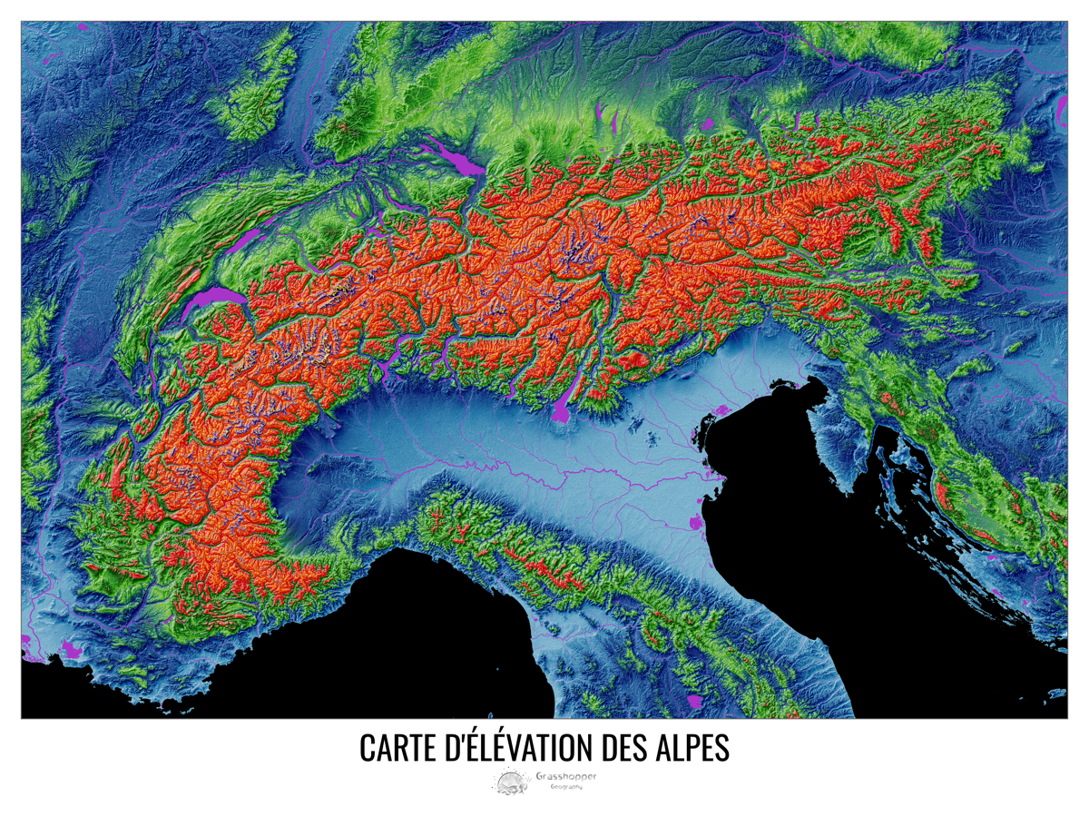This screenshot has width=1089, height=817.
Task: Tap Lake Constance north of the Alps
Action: click(464, 164)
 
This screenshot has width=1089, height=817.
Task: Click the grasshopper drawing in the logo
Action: click(511, 781)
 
